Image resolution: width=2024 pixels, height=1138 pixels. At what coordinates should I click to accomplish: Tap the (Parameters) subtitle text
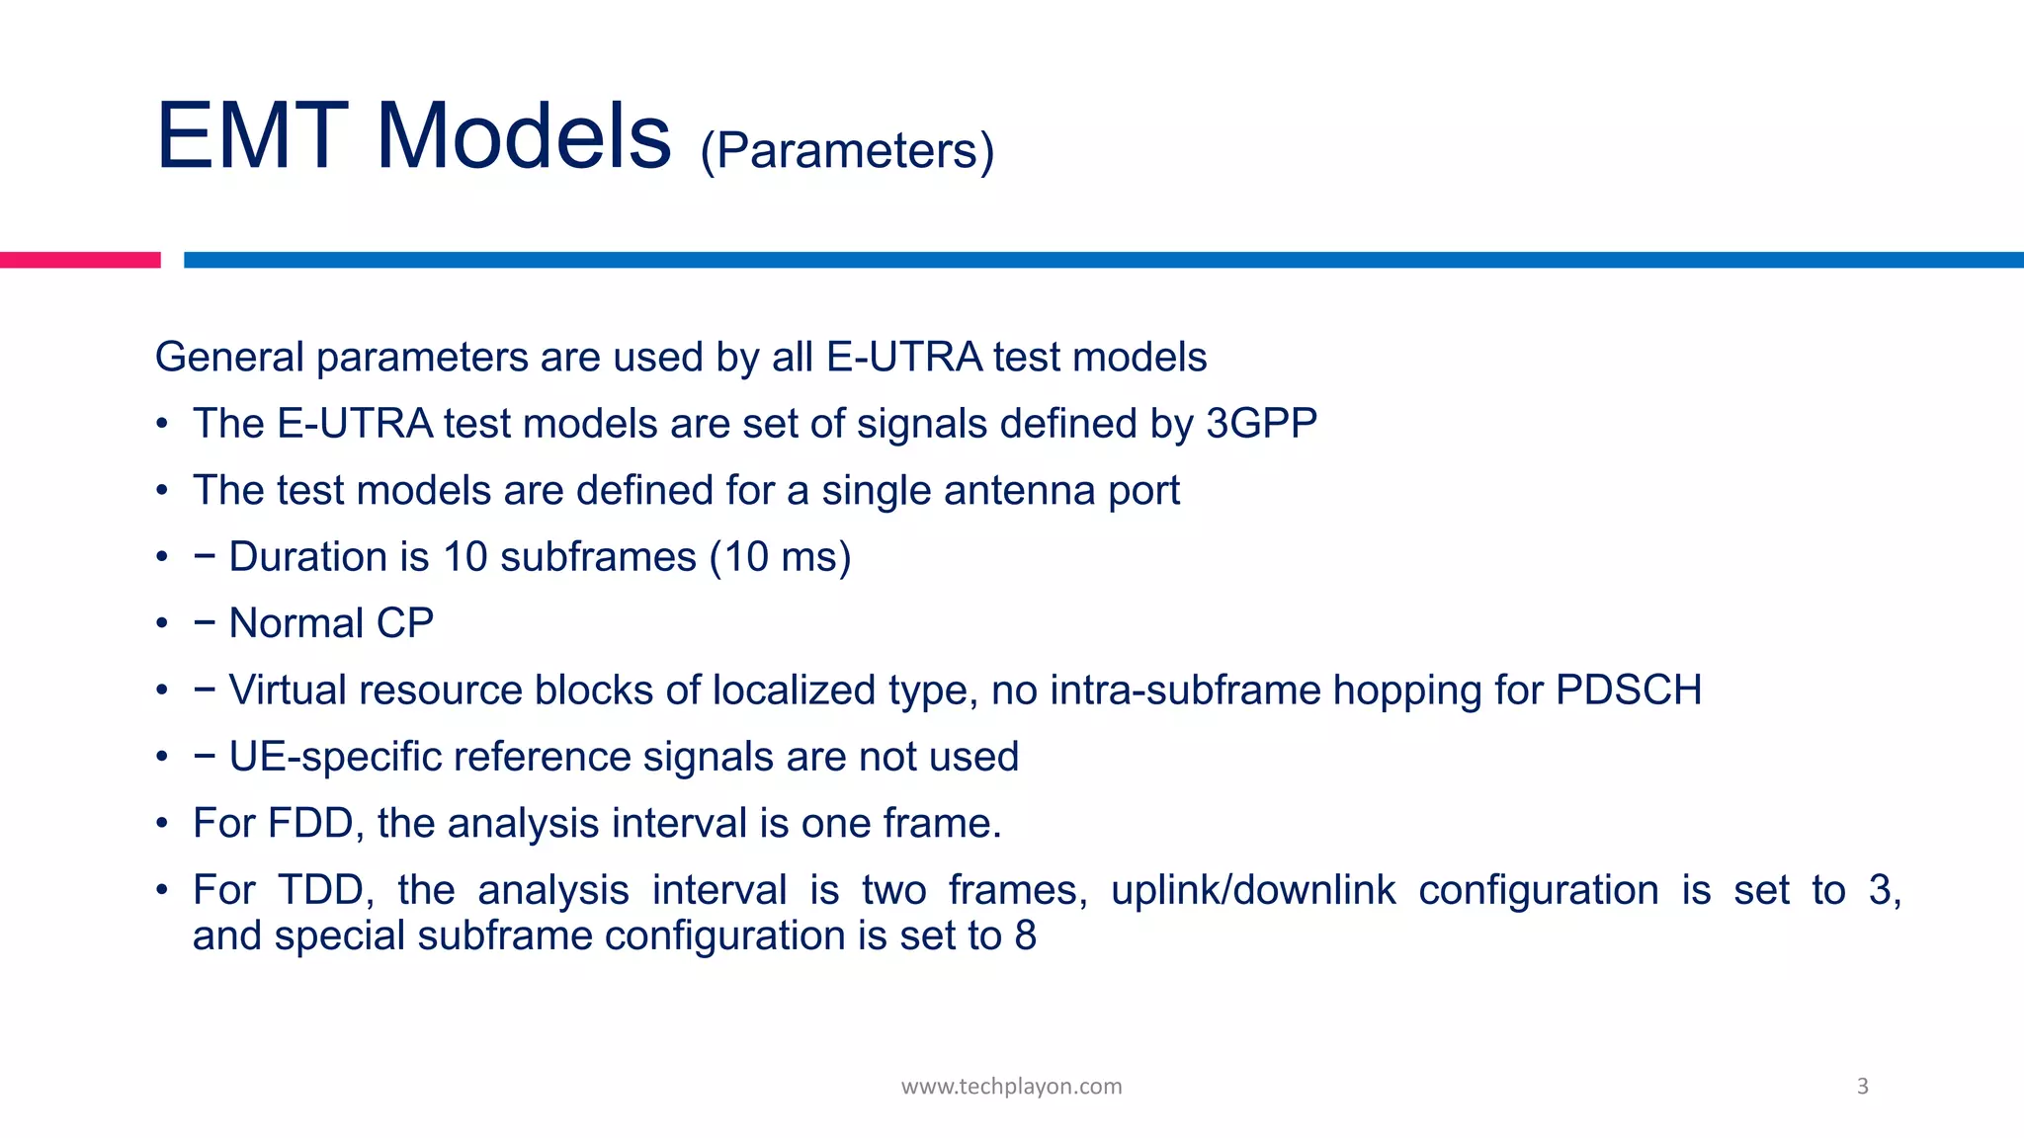[x=847, y=151]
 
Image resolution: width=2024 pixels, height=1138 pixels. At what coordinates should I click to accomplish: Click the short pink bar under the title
[x=79, y=260]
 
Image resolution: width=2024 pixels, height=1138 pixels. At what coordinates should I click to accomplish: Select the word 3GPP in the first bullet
[x=1262, y=424]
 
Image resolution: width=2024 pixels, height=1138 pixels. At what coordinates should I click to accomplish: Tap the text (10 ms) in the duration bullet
[x=780, y=557]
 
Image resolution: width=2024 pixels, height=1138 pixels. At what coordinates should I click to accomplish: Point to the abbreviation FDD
[x=308, y=824]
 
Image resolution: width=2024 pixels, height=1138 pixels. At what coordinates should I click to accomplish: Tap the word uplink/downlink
[x=1253, y=890]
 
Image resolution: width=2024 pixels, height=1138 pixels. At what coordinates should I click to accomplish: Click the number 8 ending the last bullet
[x=1025, y=935]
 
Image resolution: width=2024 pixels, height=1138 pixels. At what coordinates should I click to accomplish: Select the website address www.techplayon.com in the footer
[x=1011, y=1087]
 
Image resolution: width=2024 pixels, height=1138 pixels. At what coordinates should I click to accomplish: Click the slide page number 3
[x=1863, y=1087]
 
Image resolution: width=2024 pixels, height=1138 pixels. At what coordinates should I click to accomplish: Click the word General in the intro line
[x=229, y=358]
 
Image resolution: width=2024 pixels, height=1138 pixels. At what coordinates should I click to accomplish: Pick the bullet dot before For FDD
[x=162, y=824]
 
